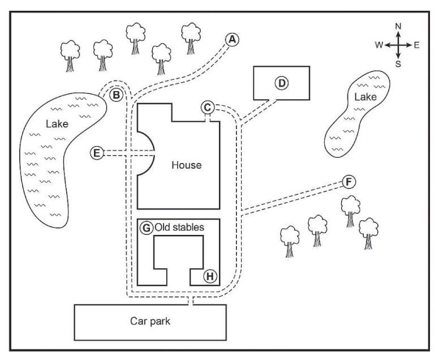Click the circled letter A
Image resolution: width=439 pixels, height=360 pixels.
[x=232, y=38]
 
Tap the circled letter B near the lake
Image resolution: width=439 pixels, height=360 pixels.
[x=115, y=95]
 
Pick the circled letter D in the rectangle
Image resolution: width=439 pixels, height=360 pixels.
[x=281, y=83]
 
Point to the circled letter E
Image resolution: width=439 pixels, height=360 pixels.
[x=97, y=152]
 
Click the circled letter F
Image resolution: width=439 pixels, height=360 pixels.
[x=349, y=181]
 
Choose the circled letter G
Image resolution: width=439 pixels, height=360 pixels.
[x=146, y=227]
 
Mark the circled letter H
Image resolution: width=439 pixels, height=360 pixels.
[x=209, y=276]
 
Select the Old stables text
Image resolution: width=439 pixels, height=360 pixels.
[x=178, y=227]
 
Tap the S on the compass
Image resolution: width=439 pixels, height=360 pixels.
[x=398, y=64]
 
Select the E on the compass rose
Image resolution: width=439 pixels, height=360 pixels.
[x=416, y=45]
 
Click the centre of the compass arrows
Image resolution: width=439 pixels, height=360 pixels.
[x=398, y=45]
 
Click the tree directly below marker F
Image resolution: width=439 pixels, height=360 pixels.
[x=350, y=209]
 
